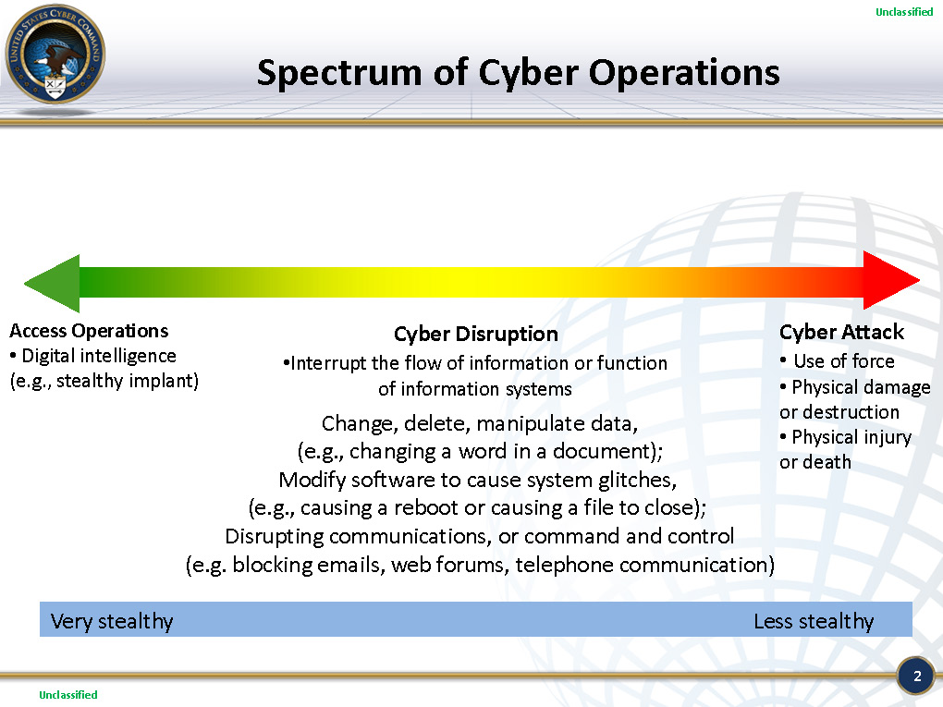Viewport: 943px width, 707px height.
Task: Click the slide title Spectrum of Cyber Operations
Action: (x=518, y=72)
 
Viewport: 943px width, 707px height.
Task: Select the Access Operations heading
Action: (x=89, y=331)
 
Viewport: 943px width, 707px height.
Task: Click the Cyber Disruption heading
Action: (x=476, y=334)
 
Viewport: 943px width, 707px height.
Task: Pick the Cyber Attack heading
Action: (x=841, y=332)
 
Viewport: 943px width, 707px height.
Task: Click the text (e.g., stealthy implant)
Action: (x=104, y=381)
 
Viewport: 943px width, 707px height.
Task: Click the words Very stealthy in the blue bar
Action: (x=111, y=621)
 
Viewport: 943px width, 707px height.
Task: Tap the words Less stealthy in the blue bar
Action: (x=814, y=621)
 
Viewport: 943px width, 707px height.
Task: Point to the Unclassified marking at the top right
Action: (x=904, y=12)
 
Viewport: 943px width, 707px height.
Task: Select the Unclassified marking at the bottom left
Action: (x=67, y=694)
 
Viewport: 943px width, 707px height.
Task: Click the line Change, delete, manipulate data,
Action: (x=480, y=424)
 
